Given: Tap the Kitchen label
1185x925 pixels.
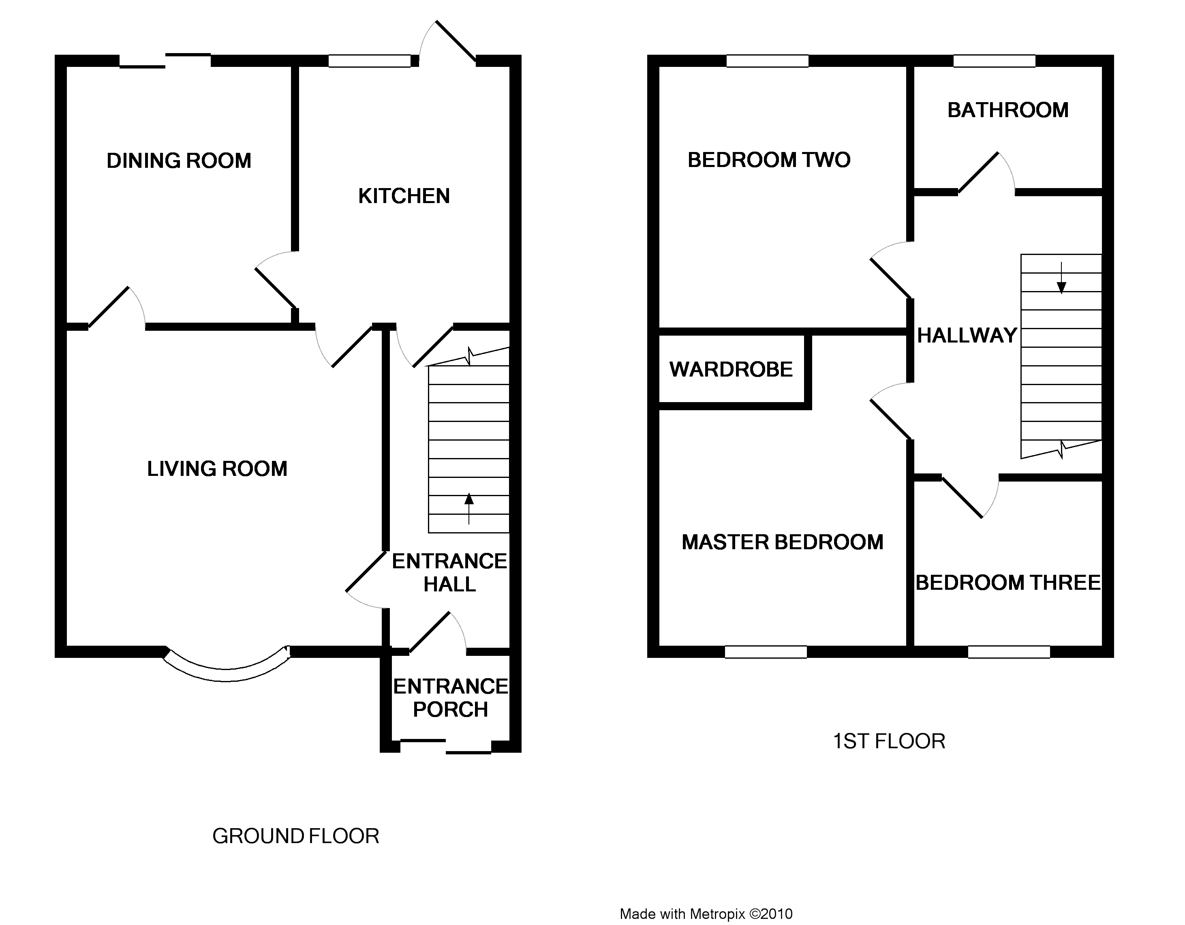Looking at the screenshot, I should [x=404, y=196].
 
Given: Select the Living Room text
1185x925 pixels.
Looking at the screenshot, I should [x=217, y=469].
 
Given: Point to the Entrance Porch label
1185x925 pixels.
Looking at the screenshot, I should [x=450, y=698].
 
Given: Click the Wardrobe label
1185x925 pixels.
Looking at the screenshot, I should [x=731, y=370].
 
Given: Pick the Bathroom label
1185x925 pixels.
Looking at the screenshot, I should [x=1007, y=110].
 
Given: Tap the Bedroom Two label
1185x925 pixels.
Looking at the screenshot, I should [x=768, y=160].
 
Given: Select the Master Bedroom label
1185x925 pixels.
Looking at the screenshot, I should [x=783, y=542].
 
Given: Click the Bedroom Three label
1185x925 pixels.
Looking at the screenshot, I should [x=1007, y=583].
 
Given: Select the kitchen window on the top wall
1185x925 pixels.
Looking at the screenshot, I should [x=370, y=61].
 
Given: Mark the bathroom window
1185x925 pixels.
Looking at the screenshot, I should [x=994, y=61].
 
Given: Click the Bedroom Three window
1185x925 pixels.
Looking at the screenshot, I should [x=1009, y=651].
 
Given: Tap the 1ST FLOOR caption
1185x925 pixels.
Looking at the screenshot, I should [x=889, y=741].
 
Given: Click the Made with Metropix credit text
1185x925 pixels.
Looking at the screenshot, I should [x=706, y=914].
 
